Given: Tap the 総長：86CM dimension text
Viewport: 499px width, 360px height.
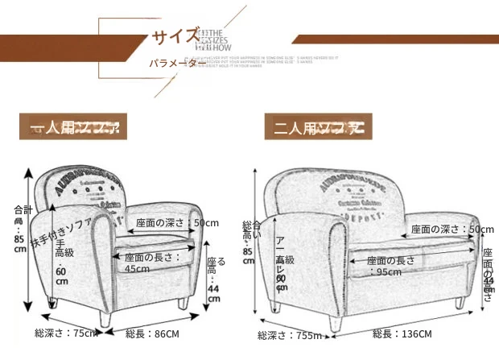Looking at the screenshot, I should point(152,332).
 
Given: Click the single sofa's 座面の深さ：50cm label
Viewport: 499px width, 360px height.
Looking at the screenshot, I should point(171,223).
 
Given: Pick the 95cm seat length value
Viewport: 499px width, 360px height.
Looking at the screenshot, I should point(389,272).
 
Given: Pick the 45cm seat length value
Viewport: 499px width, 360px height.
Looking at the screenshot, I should point(137,269).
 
